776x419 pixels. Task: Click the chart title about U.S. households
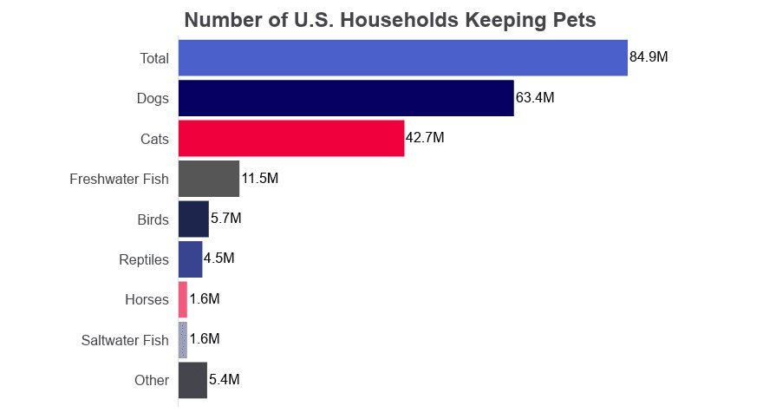389,21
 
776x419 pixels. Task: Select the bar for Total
402,57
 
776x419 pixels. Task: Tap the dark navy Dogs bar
346,98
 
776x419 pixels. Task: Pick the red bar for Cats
291,138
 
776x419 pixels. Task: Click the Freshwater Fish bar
208,179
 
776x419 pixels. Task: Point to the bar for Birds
193,219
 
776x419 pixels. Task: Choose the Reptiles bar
190,259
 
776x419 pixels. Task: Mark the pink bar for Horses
183,299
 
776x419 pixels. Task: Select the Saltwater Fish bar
183,339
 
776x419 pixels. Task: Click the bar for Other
192,380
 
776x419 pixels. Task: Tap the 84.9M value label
649,57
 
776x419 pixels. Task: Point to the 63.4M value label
535,98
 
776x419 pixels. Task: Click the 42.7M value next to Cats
425,138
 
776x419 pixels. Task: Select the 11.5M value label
260,179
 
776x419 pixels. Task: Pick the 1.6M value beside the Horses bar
205,299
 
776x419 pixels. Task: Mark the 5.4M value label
225,380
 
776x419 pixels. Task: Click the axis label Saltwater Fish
125,340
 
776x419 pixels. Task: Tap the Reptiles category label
144,259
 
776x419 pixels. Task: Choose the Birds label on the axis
153,219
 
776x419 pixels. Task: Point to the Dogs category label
153,99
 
